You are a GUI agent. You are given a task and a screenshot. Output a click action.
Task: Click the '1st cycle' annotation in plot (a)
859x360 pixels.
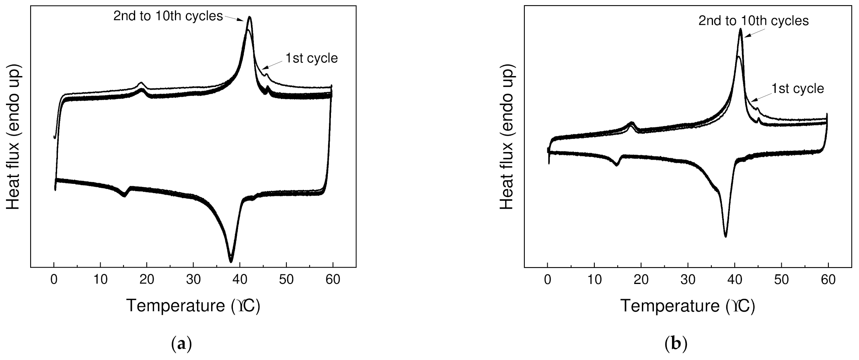coord(312,58)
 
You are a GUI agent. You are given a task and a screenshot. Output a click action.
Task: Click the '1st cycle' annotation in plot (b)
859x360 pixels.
coord(798,88)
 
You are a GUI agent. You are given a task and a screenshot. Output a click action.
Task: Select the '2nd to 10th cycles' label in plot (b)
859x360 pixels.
coord(753,21)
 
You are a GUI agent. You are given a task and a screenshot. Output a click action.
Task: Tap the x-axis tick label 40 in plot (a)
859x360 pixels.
coord(240,280)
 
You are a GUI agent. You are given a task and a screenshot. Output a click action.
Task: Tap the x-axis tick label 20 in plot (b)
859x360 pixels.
coord(641,280)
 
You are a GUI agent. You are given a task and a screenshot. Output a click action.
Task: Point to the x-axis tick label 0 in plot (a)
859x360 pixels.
coord(54,280)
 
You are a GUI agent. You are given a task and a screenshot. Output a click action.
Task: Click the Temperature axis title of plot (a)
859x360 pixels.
coord(193,306)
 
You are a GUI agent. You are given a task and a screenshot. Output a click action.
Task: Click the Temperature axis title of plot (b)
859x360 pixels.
coord(687,306)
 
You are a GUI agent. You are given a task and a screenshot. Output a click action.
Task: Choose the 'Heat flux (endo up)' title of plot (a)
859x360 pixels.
coord(13,138)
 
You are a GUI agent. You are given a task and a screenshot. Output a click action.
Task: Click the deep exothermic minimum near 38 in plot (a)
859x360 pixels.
coord(231,261)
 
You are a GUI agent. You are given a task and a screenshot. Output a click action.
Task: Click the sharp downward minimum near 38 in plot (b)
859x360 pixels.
coord(725,236)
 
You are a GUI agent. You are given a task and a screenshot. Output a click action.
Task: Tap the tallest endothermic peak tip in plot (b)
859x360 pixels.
coord(740,29)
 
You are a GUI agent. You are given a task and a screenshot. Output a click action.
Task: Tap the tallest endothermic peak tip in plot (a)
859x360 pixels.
coord(250,17)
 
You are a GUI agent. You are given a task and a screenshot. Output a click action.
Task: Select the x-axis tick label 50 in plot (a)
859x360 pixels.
coord(286,280)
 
